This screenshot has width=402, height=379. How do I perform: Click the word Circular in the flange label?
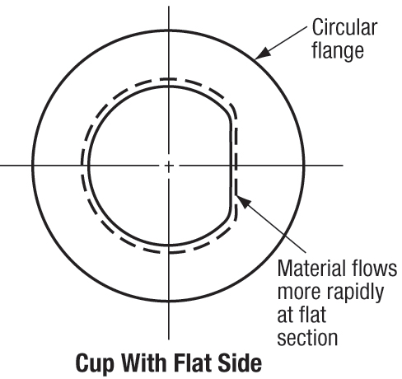pyautogui.click(x=344, y=27)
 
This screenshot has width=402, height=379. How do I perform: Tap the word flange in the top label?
pyautogui.click(x=338, y=50)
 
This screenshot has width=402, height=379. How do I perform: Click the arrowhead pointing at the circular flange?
pyautogui.click(x=263, y=53)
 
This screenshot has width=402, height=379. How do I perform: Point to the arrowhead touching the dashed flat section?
pyautogui.click(x=244, y=202)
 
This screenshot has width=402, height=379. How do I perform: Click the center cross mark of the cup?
pyautogui.click(x=169, y=166)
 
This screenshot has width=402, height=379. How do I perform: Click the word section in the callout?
pyautogui.click(x=307, y=338)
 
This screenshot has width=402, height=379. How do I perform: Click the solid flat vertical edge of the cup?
pyautogui.click(x=231, y=166)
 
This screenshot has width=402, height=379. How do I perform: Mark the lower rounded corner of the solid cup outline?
pyautogui.click(x=227, y=218)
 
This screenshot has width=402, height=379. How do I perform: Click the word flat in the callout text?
pyautogui.click(x=316, y=315)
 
